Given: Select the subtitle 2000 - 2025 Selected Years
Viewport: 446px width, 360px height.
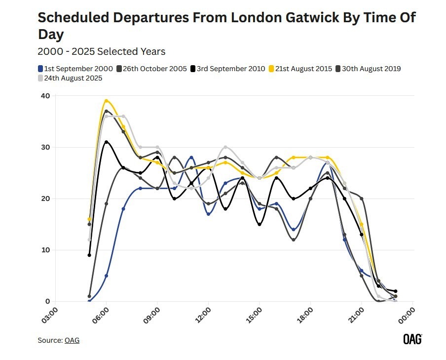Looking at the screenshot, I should (101, 51).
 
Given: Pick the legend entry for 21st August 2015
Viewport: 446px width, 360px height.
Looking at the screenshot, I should (302, 69).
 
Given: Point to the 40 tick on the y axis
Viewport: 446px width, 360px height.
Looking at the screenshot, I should (44, 96).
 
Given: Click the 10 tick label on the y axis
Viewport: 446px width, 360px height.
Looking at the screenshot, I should (44, 250).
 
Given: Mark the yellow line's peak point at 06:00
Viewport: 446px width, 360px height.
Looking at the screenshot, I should (106, 101).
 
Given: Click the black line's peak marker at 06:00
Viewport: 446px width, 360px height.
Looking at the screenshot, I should (106, 142).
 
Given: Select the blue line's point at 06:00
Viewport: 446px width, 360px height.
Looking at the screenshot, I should (106, 276).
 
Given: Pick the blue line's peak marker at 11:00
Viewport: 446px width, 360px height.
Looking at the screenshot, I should (191, 158).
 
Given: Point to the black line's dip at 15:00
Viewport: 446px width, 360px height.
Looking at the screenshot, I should (260, 224).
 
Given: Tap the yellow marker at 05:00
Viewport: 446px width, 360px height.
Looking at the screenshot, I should (89, 219).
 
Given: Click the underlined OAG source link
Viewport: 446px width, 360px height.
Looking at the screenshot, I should (72, 340).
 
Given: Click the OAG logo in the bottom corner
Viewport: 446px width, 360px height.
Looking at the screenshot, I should (412, 339).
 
